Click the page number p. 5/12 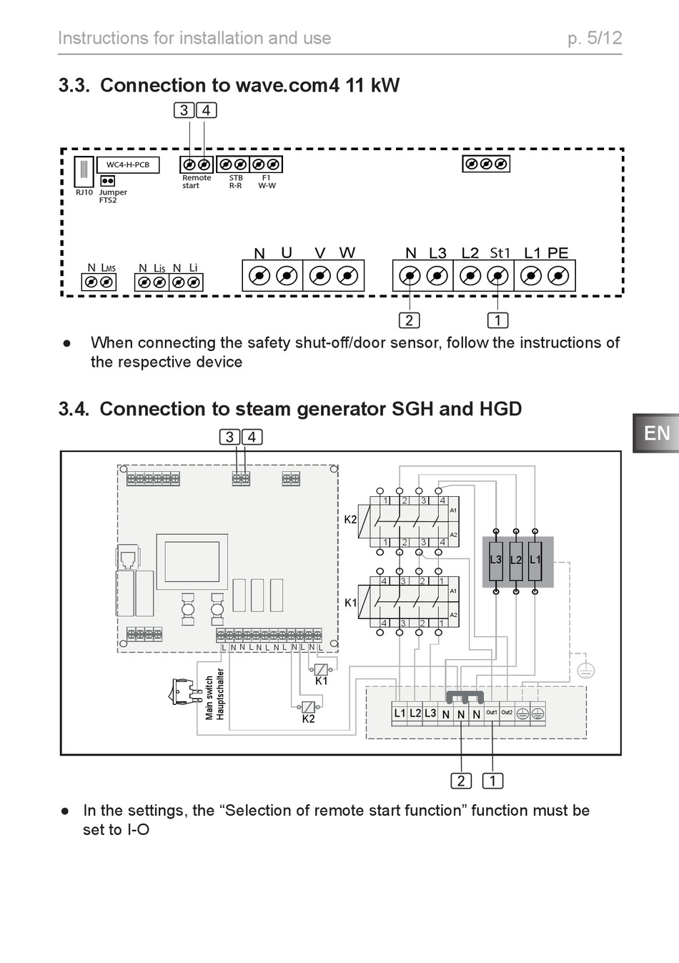(x=595, y=38)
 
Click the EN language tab (x=656, y=433)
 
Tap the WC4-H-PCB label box (x=128, y=165)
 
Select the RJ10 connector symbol (x=84, y=171)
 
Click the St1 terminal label (x=500, y=253)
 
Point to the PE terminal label (x=557, y=253)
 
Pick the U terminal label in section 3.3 (x=287, y=253)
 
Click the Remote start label (x=196, y=182)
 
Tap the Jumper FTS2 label (x=112, y=196)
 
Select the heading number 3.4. (x=74, y=409)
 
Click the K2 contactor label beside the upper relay (x=350, y=520)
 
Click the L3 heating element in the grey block (x=496, y=560)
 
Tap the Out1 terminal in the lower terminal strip (x=492, y=713)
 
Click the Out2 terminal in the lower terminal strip (x=507, y=713)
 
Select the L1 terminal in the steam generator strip (x=400, y=713)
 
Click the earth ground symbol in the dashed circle (x=585, y=671)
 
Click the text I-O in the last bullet (x=138, y=830)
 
